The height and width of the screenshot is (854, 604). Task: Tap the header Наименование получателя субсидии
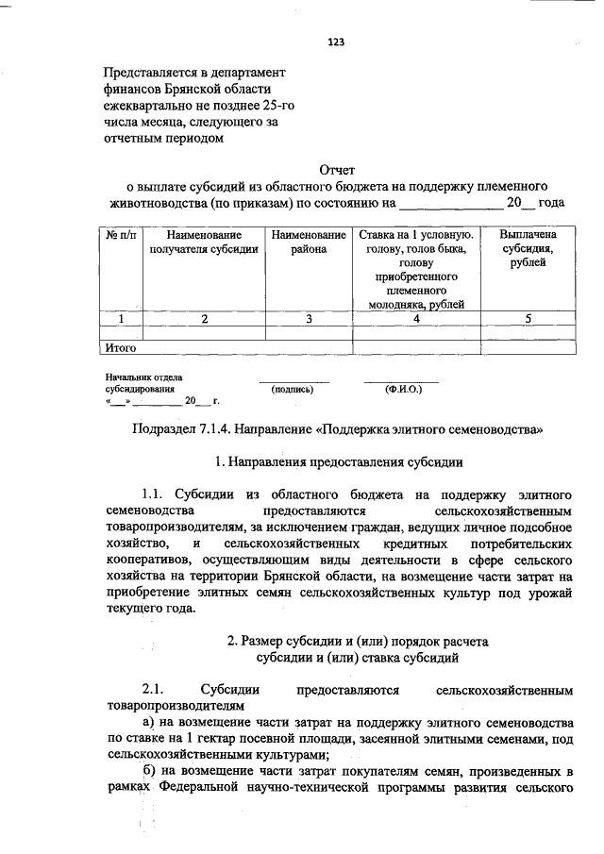tap(204, 242)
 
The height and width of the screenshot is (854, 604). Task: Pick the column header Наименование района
tap(309, 242)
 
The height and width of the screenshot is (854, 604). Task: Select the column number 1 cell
tap(121, 319)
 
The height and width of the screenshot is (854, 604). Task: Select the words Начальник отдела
tap(144, 377)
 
